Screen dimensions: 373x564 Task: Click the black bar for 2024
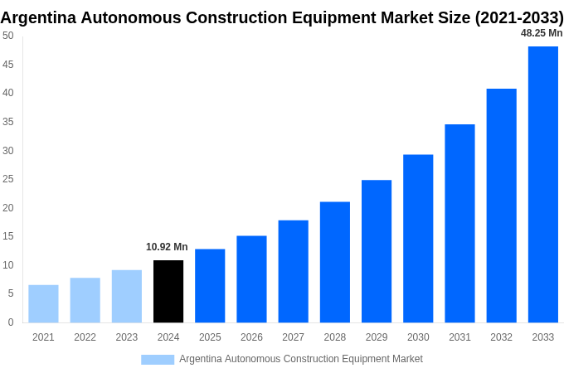[168, 291]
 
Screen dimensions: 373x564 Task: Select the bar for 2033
[542, 184]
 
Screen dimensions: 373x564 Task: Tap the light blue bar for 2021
[43, 303]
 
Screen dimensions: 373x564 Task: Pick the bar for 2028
[334, 262]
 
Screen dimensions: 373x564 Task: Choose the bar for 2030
[418, 238]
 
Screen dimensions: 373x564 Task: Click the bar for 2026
[251, 279]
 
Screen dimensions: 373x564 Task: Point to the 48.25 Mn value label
[541, 33]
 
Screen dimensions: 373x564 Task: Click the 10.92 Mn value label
[167, 247]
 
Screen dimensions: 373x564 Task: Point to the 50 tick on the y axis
[7, 36]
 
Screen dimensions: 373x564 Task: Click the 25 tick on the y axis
[7, 179]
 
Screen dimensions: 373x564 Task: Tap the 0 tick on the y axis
[11, 322]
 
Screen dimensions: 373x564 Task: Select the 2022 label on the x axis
[85, 337]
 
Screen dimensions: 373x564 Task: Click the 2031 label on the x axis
[459, 337]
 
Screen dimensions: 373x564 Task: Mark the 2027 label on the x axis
[293, 337]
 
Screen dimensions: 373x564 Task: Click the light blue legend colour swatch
[158, 360]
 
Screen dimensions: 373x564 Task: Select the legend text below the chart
[300, 359]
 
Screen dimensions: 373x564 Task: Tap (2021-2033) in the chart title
[518, 17]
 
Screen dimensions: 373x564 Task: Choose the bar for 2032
[501, 206]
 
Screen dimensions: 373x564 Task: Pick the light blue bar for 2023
[127, 296]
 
